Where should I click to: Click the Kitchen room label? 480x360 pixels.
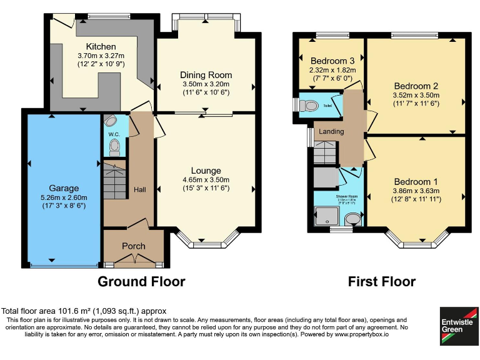tap(101, 46)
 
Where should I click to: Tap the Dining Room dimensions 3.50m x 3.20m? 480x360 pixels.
tap(206, 84)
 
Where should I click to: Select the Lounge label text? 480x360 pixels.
tap(206, 171)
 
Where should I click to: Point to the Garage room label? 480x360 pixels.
tap(64, 187)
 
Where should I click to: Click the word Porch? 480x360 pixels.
tap(134, 246)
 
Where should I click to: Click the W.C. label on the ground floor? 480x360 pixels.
tap(114, 134)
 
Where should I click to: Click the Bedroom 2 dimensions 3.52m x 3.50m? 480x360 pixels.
tap(416, 95)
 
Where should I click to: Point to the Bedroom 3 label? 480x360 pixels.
tap(332, 61)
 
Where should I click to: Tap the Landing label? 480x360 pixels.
tap(331, 132)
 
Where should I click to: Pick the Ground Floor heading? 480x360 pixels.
tap(141, 281)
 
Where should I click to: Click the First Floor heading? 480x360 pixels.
tap(381, 281)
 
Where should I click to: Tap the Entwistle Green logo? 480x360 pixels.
tap(457, 325)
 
